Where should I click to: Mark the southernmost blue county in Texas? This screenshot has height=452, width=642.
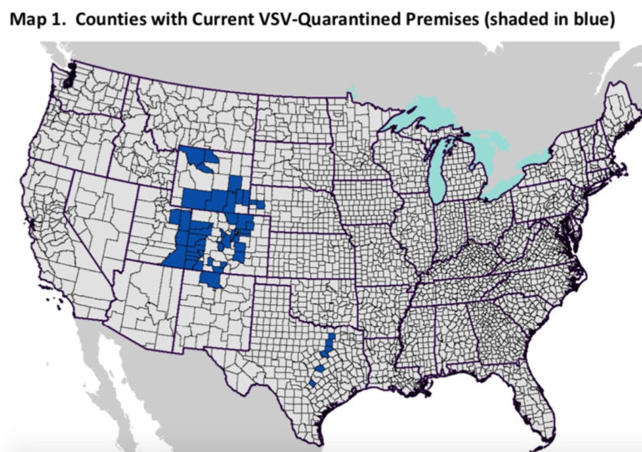point(313,383)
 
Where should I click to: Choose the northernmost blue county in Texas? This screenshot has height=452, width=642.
point(331,340)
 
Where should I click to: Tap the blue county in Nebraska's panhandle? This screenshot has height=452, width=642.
point(259,203)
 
